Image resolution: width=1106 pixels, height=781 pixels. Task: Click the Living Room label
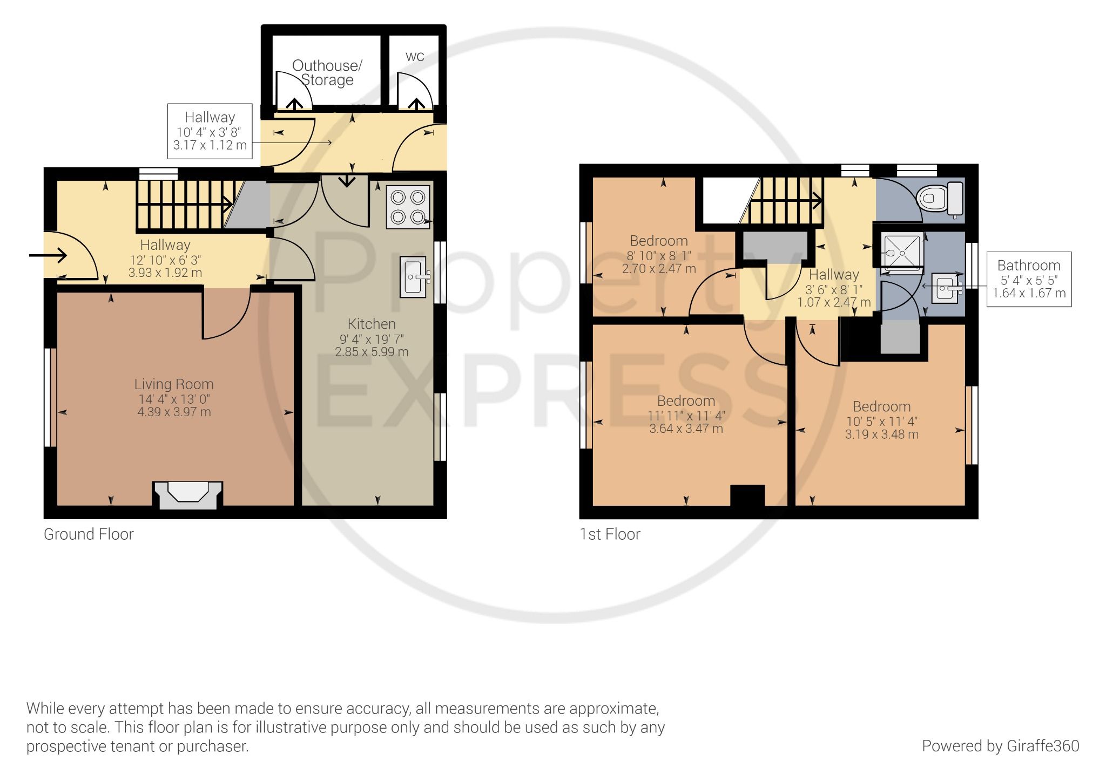[174, 384]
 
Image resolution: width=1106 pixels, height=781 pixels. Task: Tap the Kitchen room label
[372, 324]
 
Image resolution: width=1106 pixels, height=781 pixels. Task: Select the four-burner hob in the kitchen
[408, 207]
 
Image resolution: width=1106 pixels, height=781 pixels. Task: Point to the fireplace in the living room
[187, 494]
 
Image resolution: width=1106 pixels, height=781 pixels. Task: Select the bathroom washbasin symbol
[946, 288]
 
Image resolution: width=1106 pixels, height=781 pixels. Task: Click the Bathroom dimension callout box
[1029, 279]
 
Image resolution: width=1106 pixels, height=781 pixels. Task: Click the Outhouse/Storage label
[327, 73]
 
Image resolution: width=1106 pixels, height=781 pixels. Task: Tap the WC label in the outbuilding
[415, 57]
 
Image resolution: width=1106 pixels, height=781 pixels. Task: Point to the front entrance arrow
[48, 255]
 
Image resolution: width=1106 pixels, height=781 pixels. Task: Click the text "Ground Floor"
[89, 534]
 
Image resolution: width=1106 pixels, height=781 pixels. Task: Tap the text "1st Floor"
[610, 534]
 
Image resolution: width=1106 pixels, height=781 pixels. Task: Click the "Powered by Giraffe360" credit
[1000, 746]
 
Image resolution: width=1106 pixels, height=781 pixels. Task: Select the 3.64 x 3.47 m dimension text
[686, 429]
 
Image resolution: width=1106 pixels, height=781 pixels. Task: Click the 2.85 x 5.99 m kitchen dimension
[372, 352]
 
